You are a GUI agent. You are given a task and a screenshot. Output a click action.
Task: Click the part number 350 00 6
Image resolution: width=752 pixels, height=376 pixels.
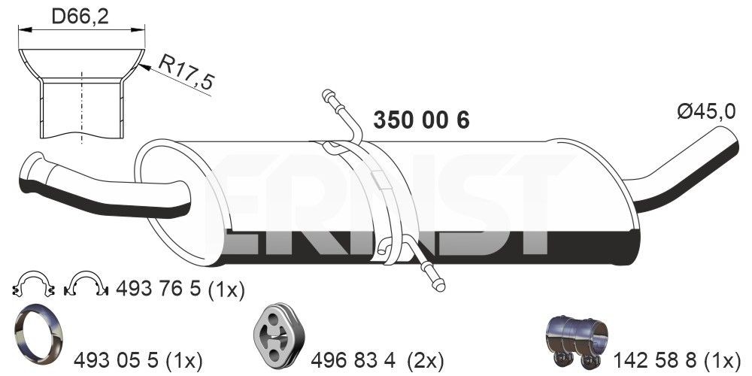point(421,120)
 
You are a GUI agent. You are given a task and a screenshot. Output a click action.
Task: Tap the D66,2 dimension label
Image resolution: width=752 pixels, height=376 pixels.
point(80,17)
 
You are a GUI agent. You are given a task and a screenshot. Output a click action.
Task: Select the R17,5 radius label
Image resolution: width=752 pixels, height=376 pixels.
point(185,74)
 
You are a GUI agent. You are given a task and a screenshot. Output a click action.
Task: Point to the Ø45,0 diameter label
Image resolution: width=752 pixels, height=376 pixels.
point(705,112)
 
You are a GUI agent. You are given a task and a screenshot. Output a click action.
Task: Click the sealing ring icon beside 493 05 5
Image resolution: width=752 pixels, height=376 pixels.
point(38,330)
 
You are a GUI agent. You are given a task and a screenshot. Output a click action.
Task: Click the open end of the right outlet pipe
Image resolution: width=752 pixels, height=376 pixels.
point(729,137)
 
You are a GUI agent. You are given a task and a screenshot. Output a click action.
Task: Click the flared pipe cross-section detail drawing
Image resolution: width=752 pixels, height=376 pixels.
point(81,93)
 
